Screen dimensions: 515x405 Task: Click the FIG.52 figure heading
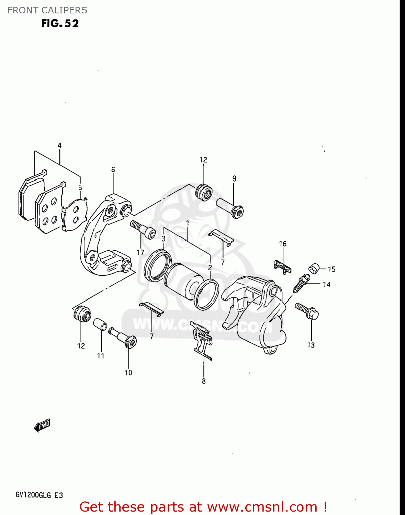[60, 23]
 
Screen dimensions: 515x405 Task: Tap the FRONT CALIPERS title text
[47, 10]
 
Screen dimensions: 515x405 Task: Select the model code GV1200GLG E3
[39, 495]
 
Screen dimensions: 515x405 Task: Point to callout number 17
[140, 252]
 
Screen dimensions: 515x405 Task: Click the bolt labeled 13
[307, 311]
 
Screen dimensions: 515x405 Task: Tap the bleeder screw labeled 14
[301, 283]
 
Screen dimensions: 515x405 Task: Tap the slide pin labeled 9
[230, 207]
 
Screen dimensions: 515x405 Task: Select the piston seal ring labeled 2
[206, 294]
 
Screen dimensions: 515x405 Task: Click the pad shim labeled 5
[74, 215]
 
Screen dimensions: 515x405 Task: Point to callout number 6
[113, 170]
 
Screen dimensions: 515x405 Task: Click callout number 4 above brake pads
[59, 146]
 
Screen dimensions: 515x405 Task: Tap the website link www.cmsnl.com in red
[262, 507]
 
